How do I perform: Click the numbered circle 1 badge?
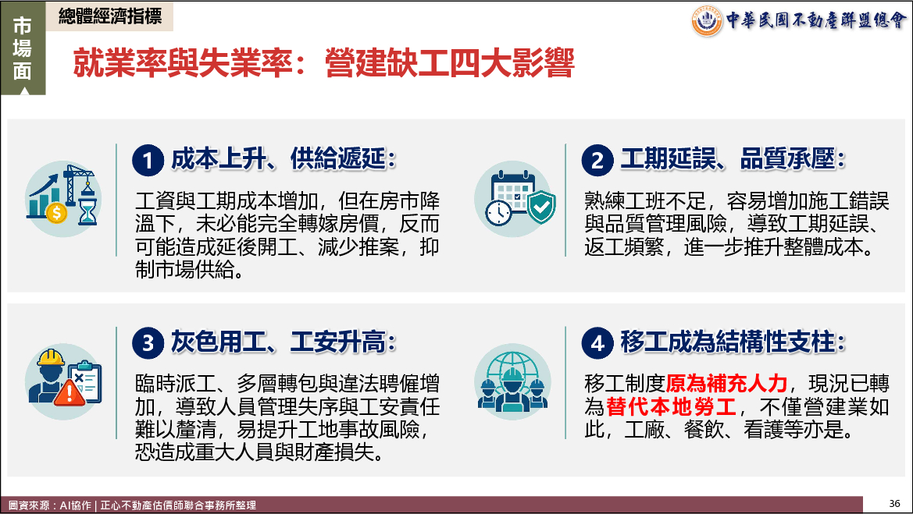tap(148, 161)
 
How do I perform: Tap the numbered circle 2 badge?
tap(597, 161)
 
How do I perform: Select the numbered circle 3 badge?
tap(148, 343)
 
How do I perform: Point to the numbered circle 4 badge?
tap(597, 343)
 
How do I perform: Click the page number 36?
tap(894, 504)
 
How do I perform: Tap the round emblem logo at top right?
tap(707, 21)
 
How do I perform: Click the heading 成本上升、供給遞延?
tap(284, 159)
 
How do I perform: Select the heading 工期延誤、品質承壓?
tap(733, 159)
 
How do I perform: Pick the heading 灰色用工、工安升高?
tap(284, 342)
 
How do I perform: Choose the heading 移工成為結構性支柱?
tap(733, 342)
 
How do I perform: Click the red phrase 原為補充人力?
tap(726, 384)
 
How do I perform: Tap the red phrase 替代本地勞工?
tap(672, 406)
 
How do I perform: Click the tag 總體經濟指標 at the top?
tap(110, 16)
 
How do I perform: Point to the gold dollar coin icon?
tap(56, 214)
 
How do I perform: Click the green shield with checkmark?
tap(541, 207)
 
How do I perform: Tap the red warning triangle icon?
tap(69, 392)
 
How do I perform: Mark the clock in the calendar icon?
tap(498, 213)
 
